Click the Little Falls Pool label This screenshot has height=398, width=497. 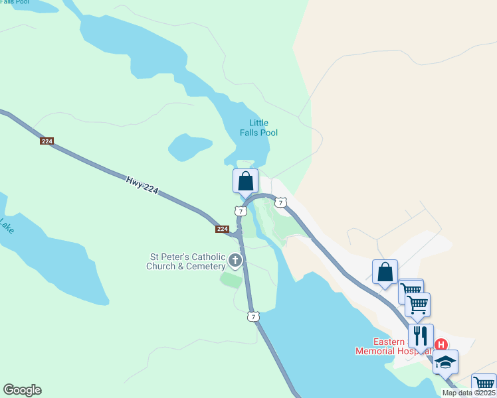click(x=258, y=127)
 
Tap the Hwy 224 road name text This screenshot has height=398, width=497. click(x=142, y=184)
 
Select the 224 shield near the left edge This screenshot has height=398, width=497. click(x=47, y=141)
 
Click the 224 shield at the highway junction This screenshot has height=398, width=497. click(x=223, y=229)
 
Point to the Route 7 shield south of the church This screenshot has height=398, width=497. click(x=252, y=316)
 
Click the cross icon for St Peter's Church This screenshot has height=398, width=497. click(x=235, y=261)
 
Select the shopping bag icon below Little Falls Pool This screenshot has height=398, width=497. click(x=245, y=180)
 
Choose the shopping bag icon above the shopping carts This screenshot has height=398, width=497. click(x=385, y=271)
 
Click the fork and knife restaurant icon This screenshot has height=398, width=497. click(x=421, y=335)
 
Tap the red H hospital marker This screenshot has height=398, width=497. click(x=441, y=345)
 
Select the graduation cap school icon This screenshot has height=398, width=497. click(x=446, y=362)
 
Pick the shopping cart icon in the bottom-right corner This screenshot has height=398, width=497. click(x=484, y=385)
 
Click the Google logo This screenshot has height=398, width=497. click(x=22, y=390)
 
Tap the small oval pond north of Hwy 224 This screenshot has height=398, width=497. click(x=190, y=147)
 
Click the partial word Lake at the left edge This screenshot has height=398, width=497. click(x=6, y=227)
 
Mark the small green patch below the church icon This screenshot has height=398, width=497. click(x=231, y=280)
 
